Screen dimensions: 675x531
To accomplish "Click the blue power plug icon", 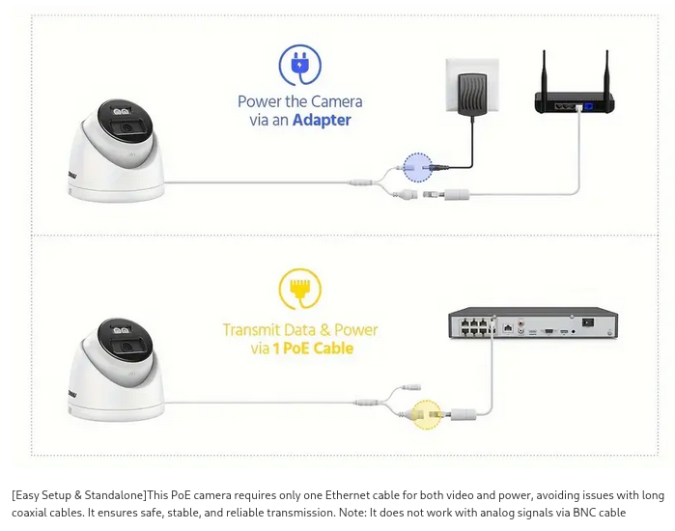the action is [300, 66].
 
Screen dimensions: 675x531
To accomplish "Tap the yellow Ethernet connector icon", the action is [300, 289].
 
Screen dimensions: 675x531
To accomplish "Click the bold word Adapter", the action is [322, 120].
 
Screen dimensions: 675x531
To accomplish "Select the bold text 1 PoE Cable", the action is [313, 349].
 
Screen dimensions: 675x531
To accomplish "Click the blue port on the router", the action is [588, 106].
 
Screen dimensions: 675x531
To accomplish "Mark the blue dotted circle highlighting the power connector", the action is [417, 167].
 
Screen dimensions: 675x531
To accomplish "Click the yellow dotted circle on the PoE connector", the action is [427, 414].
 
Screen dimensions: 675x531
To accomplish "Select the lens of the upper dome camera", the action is [127, 127].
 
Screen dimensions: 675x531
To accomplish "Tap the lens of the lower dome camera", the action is [127, 347].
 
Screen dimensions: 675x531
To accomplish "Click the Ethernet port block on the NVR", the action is [476, 326].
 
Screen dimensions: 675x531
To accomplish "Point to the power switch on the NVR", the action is [588, 322].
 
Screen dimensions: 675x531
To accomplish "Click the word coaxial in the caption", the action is [30, 513].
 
